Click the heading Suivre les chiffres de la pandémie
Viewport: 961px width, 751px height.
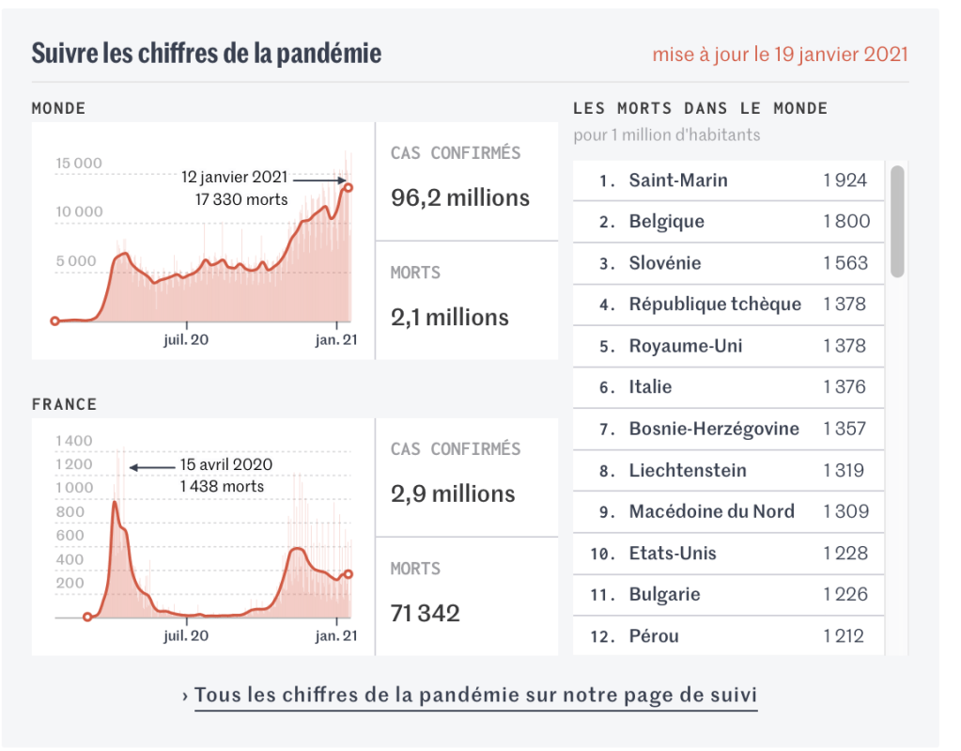(207, 53)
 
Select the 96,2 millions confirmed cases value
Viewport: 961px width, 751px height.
(460, 198)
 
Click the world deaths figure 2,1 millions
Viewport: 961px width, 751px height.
(450, 318)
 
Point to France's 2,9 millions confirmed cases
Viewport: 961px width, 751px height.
(453, 494)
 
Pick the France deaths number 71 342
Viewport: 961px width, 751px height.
(426, 614)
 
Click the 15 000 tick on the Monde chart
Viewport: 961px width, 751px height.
(79, 164)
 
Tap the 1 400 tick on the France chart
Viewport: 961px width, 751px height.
(75, 441)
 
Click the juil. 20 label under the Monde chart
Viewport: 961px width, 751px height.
(186, 339)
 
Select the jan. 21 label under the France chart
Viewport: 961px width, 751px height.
(335, 636)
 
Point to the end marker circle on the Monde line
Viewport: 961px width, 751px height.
(348, 187)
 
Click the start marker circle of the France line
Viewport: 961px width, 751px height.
(87, 618)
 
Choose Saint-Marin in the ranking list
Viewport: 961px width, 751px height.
(678, 180)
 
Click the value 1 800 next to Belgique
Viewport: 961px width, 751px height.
(846, 222)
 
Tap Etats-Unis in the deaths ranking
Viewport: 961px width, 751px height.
(673, 553)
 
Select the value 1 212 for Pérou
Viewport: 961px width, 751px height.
(844, 636)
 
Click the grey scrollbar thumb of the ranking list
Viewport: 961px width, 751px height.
(897, 221)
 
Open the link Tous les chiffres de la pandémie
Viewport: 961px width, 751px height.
(475, 696)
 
